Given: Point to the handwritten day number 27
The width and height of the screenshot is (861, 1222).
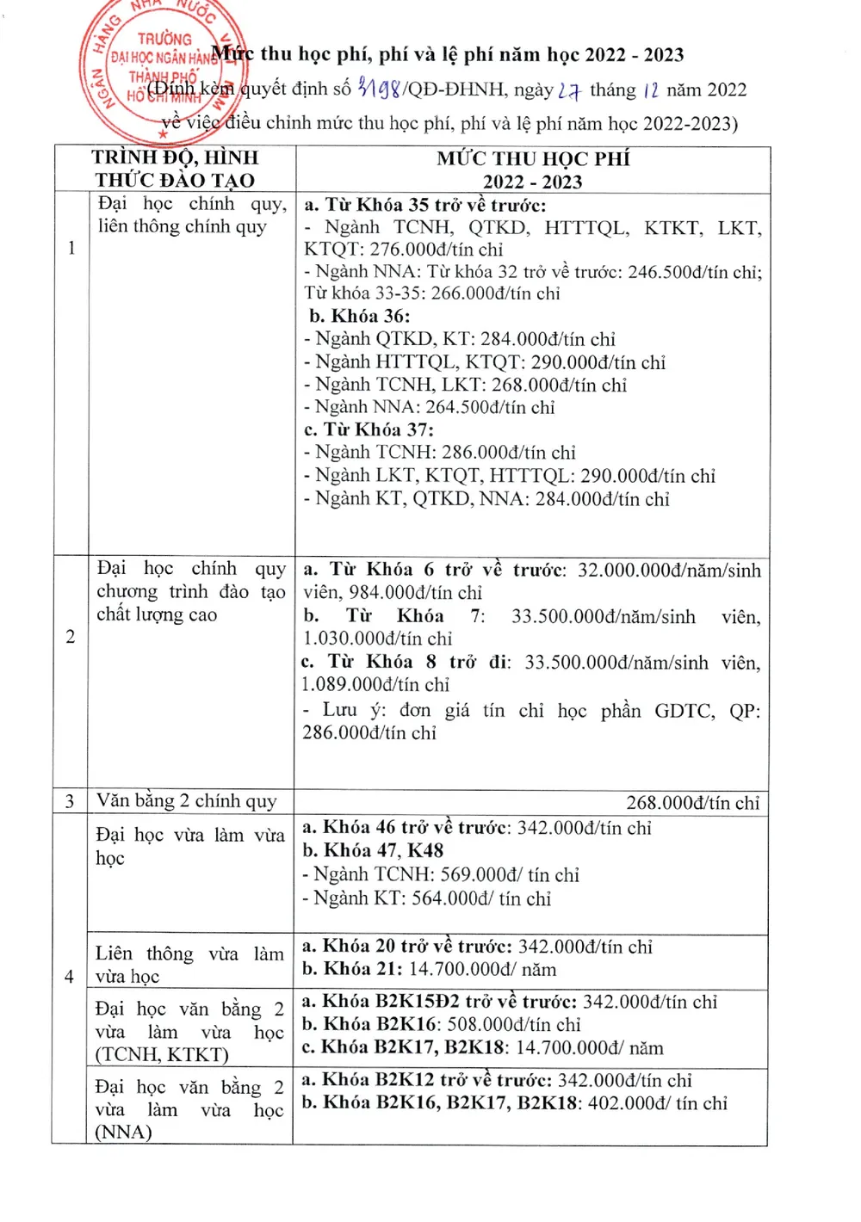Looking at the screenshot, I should coord(568,89).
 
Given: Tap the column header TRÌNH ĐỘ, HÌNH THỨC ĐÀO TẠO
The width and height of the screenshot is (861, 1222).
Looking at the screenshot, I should coord(176,169).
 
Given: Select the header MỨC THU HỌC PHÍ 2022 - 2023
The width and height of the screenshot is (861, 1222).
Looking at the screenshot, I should coord(533,170).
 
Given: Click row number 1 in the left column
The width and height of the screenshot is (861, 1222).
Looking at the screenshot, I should coord(71,248).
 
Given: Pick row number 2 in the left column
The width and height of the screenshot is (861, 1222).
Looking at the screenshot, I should coord(71,637).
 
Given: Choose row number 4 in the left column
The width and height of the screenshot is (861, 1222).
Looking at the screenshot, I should coord(69,977).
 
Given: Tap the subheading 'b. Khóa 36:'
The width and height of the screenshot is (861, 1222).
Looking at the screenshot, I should coord(359,316).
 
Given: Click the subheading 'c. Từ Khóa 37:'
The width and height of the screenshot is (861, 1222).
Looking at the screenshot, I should coord(369,429).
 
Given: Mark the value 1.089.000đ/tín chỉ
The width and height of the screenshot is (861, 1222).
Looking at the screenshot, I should coord(375,685).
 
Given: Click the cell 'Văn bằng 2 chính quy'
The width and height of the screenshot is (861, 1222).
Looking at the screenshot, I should coord(186,801).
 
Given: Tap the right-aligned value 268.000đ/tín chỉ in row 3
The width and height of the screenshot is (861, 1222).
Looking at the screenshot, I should coord(692,803).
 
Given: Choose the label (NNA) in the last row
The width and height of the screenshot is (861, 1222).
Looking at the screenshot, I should coord(123,1132).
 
